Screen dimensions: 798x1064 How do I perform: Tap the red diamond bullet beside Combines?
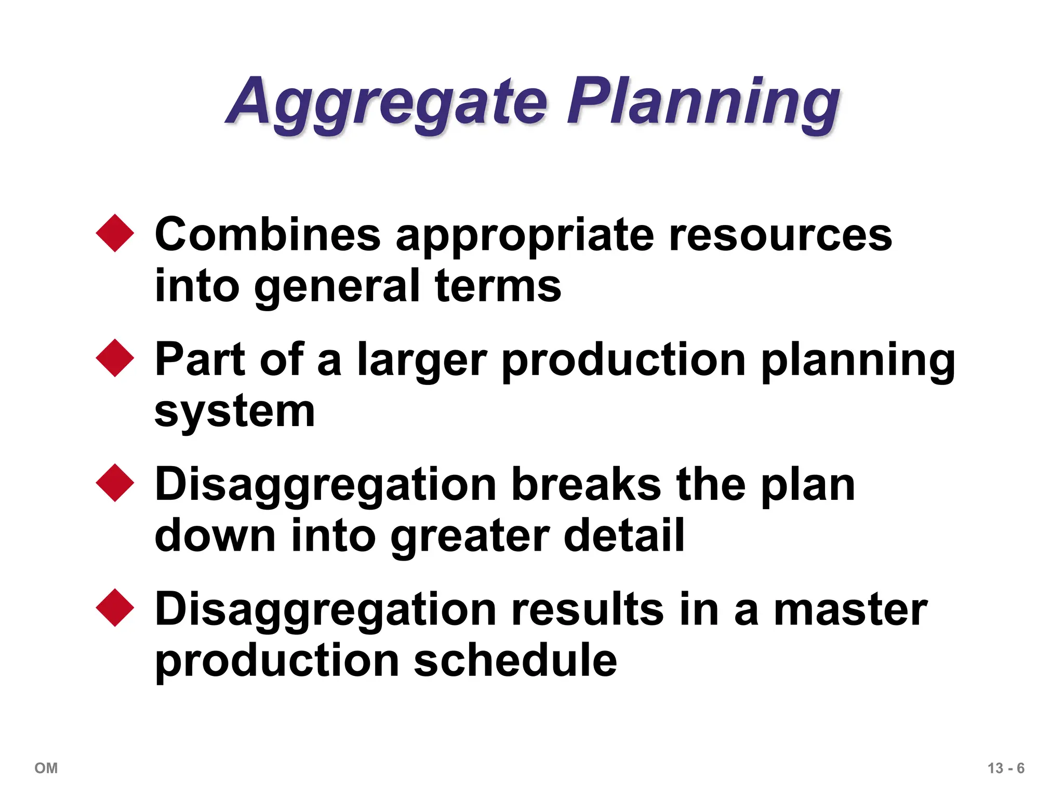[x=115, y=233]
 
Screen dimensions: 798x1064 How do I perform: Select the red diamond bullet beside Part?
[x=115, y=358]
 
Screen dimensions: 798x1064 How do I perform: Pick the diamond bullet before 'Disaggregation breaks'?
[x=115, y=483]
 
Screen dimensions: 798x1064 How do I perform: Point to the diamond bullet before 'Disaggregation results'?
[x=115, y=608]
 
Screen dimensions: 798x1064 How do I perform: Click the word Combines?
[x=268, y=235]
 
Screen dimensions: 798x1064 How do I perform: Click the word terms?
[x=498, y=286]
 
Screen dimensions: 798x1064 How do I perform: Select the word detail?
[x=624, y=535]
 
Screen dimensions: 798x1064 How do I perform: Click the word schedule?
[x=515, y=660]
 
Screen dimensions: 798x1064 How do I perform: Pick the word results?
[x=587, y=609]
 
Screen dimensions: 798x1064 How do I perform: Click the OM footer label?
[x=46, y=768]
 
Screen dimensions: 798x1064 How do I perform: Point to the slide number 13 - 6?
[x=1006, y=768]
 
